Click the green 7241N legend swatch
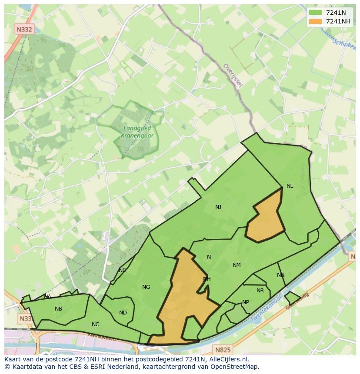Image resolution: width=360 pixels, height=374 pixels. click(x=315, y=13)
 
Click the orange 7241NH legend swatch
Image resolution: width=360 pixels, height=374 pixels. click(x=315, y=21)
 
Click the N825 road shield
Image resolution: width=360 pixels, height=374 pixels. click(x=223, y=349)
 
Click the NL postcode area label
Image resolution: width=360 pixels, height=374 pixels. click(x=290, y=186)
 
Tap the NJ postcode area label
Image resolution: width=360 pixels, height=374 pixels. click(x=218, y=207)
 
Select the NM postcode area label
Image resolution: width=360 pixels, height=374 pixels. click(x=237, y=265)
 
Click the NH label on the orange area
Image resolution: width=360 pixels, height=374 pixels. click(x=207, y=279)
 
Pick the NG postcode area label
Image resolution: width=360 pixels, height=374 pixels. click(x=146, y=287)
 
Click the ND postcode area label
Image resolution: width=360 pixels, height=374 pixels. click(x=123, y=313)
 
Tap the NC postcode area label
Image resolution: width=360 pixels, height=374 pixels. click(x=96, y=324)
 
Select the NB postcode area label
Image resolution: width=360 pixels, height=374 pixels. click(x=58, y=309)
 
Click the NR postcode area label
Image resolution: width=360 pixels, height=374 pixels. click(x=260, y=291)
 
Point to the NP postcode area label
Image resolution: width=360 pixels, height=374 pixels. click(x=246, y=302)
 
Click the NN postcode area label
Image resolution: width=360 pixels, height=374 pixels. click(x=280, y=275)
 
